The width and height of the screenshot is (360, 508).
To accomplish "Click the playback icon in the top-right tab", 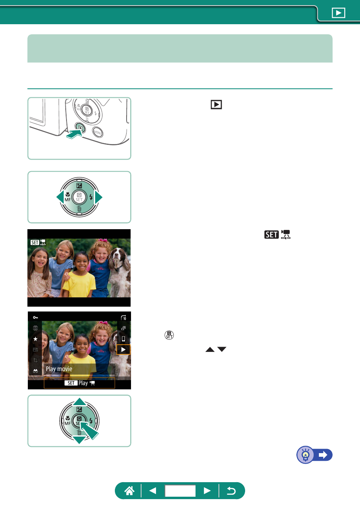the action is click(339, 13).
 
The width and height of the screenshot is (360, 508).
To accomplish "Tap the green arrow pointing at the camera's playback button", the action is click(74, 134).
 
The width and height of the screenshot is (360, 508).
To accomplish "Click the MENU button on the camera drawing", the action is click(98, 132).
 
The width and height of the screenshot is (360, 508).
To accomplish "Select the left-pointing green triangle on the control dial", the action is click(60, 197).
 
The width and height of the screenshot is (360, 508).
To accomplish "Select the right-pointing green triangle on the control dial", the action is click(98, 197).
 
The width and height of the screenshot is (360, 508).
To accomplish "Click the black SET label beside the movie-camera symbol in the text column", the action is click(271, 234).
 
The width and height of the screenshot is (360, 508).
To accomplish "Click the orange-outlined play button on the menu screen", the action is click(123, 349).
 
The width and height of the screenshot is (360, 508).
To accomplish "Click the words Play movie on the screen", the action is click(59, 369).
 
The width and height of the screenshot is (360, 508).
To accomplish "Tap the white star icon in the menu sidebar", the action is click(35, 339).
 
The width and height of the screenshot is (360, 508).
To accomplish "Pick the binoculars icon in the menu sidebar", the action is click(35, 371).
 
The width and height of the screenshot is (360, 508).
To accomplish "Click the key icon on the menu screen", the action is click(35, 317).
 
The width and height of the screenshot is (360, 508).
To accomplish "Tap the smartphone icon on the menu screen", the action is click(123, 339).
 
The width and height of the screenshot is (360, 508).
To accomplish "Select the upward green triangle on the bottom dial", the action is click(79, 401).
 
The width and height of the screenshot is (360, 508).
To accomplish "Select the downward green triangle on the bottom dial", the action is click(79, 440).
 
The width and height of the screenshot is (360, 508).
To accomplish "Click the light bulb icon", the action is click(306, 455).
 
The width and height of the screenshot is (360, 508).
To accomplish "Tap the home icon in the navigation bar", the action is click(129, 491).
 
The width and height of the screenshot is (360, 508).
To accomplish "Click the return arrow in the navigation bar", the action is click(231, 491).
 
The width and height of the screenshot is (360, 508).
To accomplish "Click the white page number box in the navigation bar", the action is click(180, 491).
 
